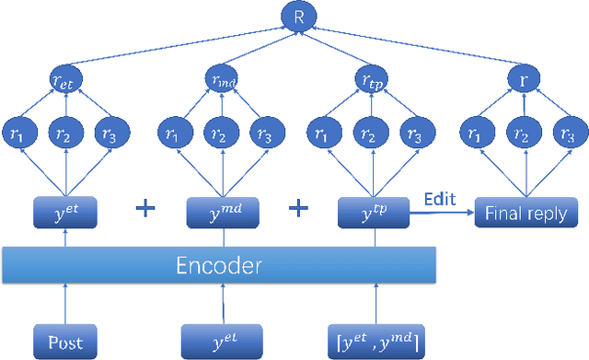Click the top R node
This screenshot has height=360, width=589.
coord(296,17)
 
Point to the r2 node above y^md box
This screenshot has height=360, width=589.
coord(218,134)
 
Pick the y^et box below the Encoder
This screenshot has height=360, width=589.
coord(218,343)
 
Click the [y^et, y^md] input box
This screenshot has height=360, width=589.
coord(375,343)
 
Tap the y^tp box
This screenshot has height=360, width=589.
coord(375,213)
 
